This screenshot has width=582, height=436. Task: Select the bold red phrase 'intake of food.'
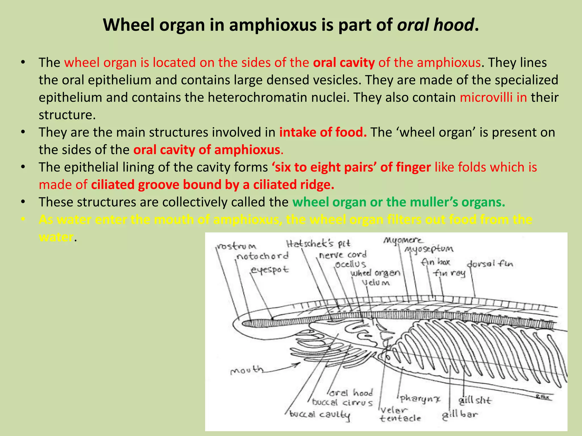pos(323,132)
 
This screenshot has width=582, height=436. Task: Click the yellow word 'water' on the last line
pos(56,237)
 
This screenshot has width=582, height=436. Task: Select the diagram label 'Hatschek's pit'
pos(318,244)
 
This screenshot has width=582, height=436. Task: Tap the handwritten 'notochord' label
pos(262,256)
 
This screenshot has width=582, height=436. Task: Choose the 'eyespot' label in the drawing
pos(269,270)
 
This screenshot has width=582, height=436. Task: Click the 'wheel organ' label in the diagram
pos(375,273)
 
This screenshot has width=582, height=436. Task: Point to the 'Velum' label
pos(376,283)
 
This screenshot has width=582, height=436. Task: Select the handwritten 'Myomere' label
pos(403,240)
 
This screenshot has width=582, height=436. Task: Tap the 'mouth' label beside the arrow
pos(246,370)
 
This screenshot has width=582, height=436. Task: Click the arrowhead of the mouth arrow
pos(298,364)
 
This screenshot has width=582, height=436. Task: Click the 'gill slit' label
pos(475,401)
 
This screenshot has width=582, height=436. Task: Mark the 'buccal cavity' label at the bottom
pos(320,415)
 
